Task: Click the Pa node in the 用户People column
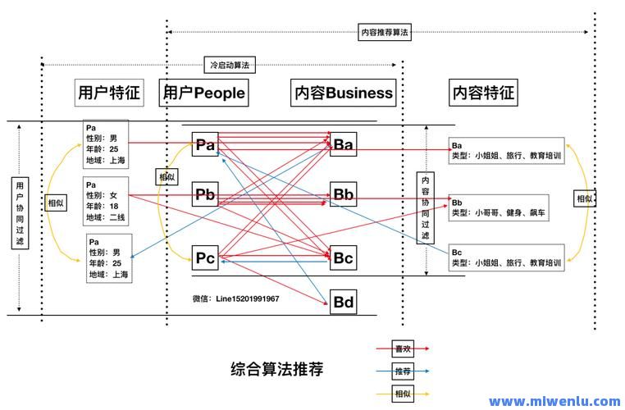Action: coord(205,145)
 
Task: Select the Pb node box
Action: coord(205,194)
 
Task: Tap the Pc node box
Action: coord(205,258)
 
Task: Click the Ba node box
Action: coord(343,145)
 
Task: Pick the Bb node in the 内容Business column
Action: coord(343,194)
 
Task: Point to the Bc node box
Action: coord(343,258)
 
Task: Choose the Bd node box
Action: coord(343,303)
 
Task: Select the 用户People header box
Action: coord(204,93)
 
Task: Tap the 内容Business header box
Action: coord(343,93)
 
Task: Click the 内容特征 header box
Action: coord(483,93)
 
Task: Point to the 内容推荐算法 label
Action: coord(385,33)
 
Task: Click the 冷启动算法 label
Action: coord(229,64)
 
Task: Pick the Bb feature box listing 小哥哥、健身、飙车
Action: coord(506,207)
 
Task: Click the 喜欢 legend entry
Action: coord(402,348)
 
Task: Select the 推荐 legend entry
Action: coord(402,371)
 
